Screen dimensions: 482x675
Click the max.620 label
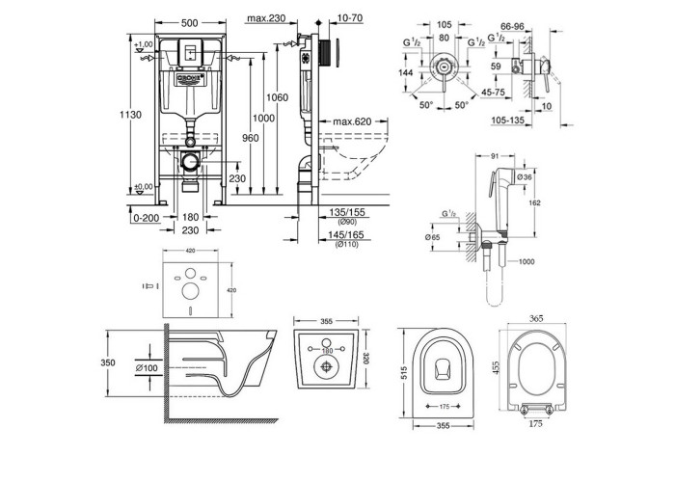[353, 121]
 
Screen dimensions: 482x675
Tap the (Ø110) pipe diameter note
[348, 246]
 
